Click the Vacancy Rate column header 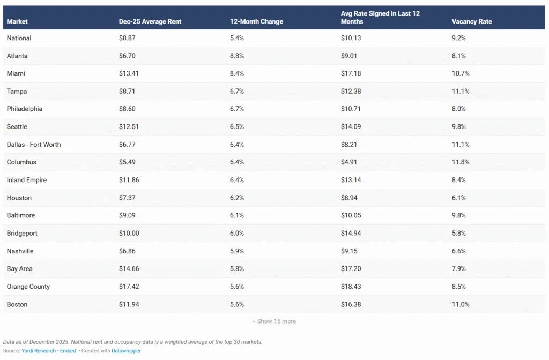tap(471, 22)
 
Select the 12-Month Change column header tap(256, 22)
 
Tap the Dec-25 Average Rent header tap(150, 22)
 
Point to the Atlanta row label tap(17, 56)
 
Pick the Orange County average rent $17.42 tap(129, 287)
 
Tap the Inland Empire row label tap(27, 180)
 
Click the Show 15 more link tap(274, 321)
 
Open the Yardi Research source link tap(39, 351)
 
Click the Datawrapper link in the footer tap(126, 351)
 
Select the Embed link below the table tap(68, 351)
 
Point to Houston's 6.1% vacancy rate tap(459, 198)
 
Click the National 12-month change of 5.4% tap(237, 38)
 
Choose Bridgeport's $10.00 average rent tap(129, 233)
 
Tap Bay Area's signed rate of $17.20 tap(351, 269)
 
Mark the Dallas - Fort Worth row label tap(34, 145)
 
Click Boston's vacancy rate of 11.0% tap(461, 304)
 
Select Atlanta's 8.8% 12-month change tap(237, 56)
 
